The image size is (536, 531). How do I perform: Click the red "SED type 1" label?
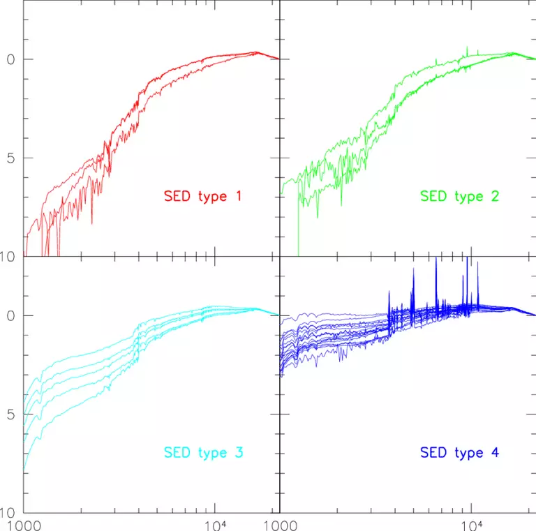pos(203,196)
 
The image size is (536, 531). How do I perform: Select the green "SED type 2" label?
pos(460,196)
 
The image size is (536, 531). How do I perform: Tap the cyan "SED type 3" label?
pos(203,453)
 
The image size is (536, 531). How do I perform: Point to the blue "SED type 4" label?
pos(460,453)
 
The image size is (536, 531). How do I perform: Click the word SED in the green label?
pos(433,196)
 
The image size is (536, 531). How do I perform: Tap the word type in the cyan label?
pos(208,454)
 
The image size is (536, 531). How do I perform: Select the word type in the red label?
pos(208,197)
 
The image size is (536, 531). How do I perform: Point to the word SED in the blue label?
pos(433,453)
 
